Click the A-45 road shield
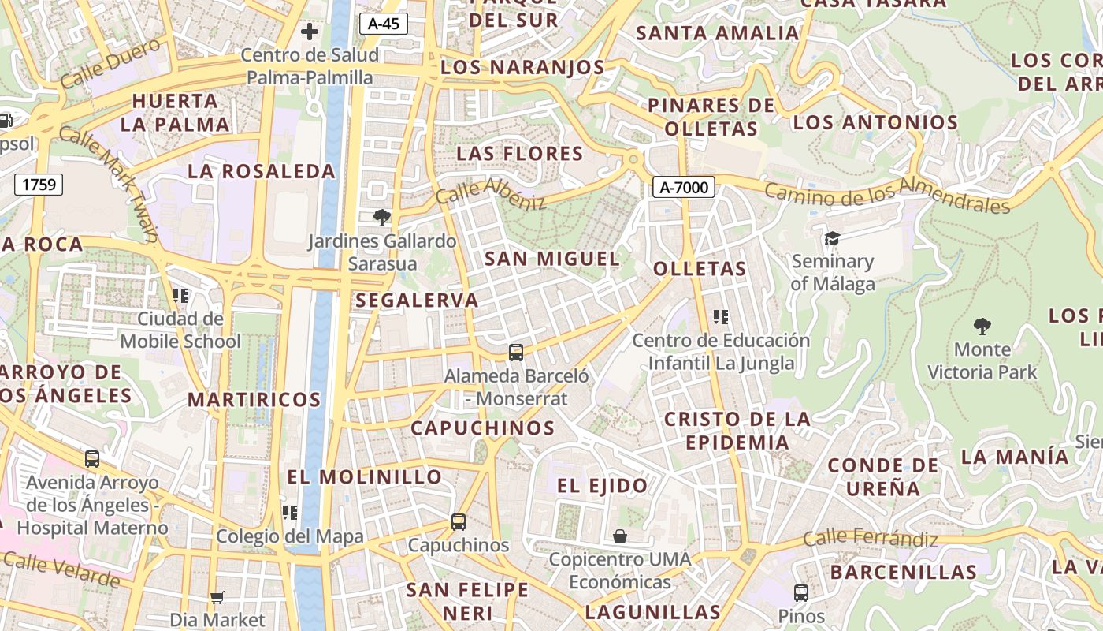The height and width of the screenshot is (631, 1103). tap(384, 24)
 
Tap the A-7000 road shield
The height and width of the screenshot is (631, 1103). tap(684, 187)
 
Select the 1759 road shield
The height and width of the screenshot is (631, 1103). tap(39, 185)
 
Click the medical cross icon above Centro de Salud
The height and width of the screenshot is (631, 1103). tap(310, 32)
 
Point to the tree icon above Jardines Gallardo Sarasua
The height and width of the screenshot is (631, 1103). tap(382, 217)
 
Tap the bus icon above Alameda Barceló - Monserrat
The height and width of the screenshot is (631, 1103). tap(516, 353)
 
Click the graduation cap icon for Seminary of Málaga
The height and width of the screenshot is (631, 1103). tap(832, 238)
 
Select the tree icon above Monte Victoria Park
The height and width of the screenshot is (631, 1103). tap(982, 326)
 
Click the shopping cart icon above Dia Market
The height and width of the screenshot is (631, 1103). tap(217, 597)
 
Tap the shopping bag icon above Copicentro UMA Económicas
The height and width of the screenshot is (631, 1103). tap(621, 536)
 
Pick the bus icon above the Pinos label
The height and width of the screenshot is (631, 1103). tap(801, 592)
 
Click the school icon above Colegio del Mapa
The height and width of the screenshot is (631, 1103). tap(290, 513)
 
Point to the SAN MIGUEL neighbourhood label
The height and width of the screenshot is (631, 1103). tap(551, 259)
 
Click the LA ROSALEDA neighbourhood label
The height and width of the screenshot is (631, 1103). tap(262, 171)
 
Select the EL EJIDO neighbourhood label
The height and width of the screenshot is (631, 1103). tap(603, 485)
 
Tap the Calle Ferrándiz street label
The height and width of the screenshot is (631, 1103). tap(871, 539)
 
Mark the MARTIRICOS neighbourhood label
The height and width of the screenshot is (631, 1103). tap(254, 399)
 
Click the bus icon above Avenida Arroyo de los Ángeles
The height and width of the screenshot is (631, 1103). tap(92, 458)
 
